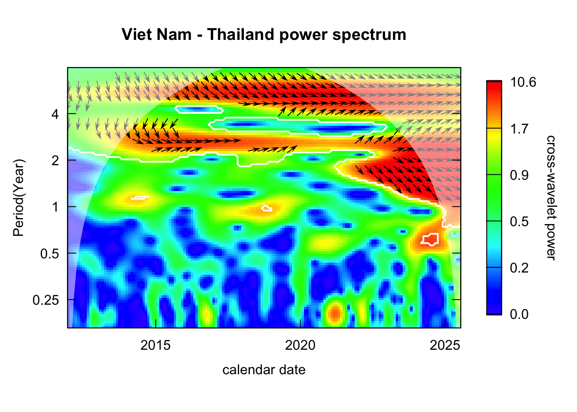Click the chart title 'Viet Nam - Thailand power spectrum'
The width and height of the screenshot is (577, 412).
point(264,35)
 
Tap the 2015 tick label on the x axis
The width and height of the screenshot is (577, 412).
point(155,345)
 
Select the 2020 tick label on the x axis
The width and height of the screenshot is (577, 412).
point(300,345)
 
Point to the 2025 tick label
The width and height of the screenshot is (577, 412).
point(445,345)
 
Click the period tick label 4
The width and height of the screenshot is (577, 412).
point(55,114)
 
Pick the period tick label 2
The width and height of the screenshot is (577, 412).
point(55,161)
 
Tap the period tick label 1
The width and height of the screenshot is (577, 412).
point(55,207)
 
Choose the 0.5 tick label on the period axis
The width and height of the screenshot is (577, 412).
point(49,254)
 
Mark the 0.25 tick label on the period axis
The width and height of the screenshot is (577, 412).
point(46,300)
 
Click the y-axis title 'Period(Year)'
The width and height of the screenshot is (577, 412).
point(18,198)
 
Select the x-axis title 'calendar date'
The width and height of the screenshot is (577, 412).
point(264,370)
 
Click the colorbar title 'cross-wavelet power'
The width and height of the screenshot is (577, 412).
point(551,198)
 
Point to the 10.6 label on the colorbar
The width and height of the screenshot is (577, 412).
point(523,82)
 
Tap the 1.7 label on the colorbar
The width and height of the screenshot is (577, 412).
point(519,129)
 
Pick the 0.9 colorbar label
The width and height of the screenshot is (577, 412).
point(519,175)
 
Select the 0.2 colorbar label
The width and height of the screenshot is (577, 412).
point(519,268)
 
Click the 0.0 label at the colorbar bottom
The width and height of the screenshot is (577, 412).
point(519,314)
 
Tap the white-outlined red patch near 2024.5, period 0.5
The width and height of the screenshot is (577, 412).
point(430,239)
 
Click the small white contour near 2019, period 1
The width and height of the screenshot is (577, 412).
point(267,209)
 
